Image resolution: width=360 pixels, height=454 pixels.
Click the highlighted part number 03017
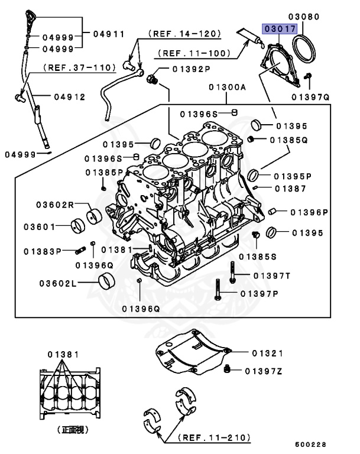(x=277, y=28)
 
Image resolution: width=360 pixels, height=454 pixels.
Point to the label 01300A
(x=226, y=87)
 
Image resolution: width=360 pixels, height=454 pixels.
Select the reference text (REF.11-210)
(x=215, y=438)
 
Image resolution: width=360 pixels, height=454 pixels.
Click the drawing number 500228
(x=310, y=444)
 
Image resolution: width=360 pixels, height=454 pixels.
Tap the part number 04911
(x=108, y=34)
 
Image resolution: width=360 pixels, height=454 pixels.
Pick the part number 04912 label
(x=69, y=96)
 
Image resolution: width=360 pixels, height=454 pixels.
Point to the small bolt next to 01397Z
(x=227, y=370)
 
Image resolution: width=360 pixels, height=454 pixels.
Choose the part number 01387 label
(x=290, y=189)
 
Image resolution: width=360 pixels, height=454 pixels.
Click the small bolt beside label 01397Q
(x=309, y=76)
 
